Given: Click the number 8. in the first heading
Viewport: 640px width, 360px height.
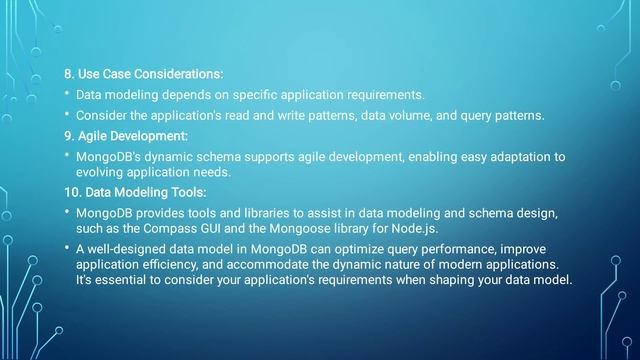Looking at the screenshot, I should click(69, 75).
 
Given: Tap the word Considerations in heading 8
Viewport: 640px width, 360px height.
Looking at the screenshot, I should click(176, 75).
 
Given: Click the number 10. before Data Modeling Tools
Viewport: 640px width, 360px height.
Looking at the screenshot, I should click(72, 192).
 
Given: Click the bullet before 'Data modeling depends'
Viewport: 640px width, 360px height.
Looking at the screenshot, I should click(66, 95).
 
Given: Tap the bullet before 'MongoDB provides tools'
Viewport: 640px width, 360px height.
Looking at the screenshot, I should click(66, 212).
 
